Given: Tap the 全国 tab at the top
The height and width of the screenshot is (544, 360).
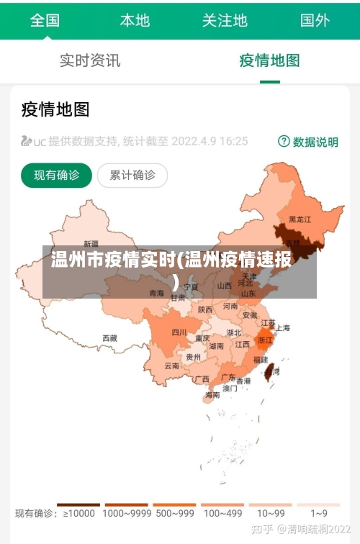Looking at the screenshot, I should coord(45,20).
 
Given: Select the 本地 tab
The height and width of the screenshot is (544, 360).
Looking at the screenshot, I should coord(135,20).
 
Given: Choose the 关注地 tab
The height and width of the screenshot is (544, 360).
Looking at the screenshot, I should coord(225,20).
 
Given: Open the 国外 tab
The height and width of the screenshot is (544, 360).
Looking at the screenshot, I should coord(315,20).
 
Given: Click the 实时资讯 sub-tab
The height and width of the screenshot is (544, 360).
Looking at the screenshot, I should coord(90,60).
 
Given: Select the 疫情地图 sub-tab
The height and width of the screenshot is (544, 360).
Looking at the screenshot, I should coord(269,60).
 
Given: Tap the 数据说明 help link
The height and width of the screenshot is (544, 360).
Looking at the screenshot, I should coord(308,142).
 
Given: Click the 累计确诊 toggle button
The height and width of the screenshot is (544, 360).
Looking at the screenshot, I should coord(132,175).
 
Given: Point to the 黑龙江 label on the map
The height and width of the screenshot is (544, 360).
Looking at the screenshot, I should coord(300,219).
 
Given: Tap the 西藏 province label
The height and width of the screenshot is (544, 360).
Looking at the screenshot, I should coord(109,337).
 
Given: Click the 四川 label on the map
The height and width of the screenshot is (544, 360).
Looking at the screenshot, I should coord(179,332).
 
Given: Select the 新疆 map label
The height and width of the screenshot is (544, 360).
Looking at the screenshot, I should coord(91,243).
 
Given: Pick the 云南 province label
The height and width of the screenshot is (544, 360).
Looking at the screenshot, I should coord(172,366).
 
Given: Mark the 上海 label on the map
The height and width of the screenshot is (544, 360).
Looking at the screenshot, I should coord(282,328).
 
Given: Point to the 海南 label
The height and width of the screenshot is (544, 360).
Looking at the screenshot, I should coord(212,394).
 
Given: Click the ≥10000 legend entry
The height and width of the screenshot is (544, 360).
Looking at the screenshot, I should coord(79,513).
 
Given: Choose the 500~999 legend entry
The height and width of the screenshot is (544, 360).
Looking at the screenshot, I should coord(174,513).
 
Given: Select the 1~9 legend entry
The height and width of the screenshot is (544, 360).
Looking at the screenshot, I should coord(318,513).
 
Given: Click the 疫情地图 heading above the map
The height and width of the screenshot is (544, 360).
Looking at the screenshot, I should coord(55,109).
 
